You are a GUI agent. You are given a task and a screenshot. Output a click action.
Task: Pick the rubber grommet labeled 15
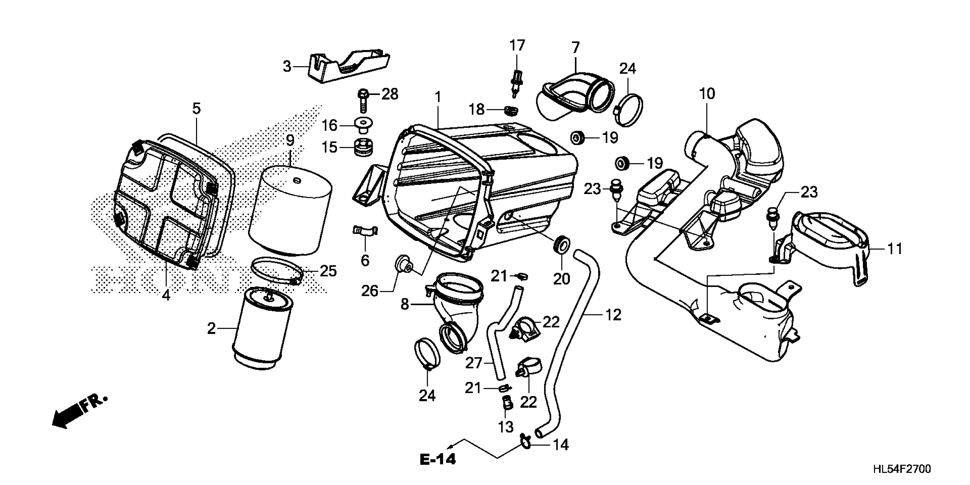[x=363, y=147]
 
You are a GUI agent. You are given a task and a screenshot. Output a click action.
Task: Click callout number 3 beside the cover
[x=287, y=67]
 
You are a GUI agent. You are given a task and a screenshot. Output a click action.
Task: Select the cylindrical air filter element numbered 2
[x=262, y=328]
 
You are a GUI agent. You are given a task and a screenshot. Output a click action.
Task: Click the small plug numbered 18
[x=511, y=110]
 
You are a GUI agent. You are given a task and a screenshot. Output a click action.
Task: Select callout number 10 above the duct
[x=707, y=94]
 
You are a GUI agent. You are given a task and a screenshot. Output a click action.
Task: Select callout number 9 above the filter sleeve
[x=290, y=140]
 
